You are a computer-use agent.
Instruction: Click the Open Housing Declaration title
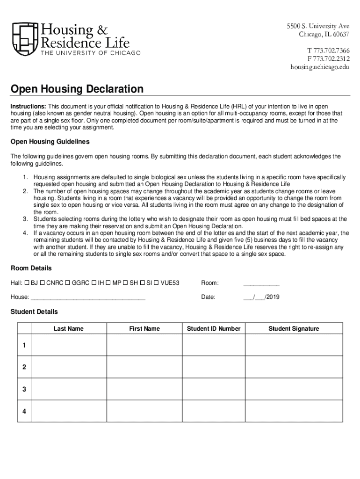pos(77,89)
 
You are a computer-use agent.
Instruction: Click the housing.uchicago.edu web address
pos(320,67)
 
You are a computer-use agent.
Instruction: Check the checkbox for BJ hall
pos(27,283)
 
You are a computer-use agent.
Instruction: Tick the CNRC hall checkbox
pos(43,283)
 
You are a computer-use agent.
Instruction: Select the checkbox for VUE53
pos(156,283)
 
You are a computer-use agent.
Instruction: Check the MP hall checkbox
pos(108,283)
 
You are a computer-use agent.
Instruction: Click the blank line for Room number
pos(261,283)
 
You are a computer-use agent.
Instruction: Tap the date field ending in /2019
pos(261,297)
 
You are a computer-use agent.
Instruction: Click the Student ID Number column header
pos(214,329)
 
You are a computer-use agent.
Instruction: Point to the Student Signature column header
pos(294,329)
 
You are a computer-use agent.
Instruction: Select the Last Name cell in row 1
pos(69,345)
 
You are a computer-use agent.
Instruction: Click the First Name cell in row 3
pos(144,389)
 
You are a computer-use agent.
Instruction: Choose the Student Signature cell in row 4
pos(294,411)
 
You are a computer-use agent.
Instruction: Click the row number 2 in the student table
pos(24,367)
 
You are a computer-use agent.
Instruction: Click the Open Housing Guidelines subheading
pos(50,142)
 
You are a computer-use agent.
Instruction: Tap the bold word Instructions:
pos(29,107)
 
